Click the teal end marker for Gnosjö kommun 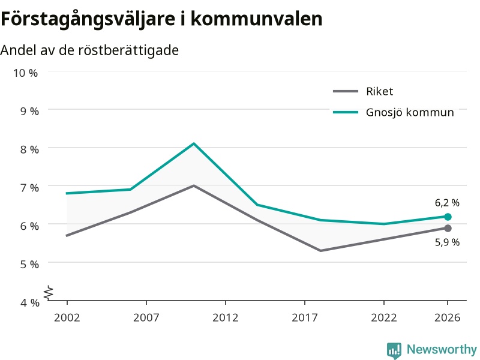pyautogui.click(x=448, y=217)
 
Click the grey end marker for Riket pyautogui.click(x=448, y=228)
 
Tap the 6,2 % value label pyautogui.click(x=447, y=203)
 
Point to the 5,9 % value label pyautogui.click(x=447, y=242)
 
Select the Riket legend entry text pyautogui.click(x=379, y=91)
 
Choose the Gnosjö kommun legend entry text pyautogui.click(x=410, y=112)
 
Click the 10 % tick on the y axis pyautogui.click(x=25, y=73)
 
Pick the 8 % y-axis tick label pyautogui.click(x=29, y=149)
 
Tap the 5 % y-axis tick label pyautogui.click(x=29, y=264)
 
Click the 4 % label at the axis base pyautogui.click(x=29, y=302)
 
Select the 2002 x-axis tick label pyautogui.click(x=67, y=317)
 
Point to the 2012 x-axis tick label pyautogui.click(x=226, y=317)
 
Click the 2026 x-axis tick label pyautogui.click(x=447, y=317)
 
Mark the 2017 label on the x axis pyautogui.click(x=305, y=317)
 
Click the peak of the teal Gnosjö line pyautogui.click(x=194, y=143)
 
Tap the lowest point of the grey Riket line pyautogui.click(x=320, y=251)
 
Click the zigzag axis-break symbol pyautogui.click(x=49, y=293)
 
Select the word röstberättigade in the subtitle pyautogui.click(x=128, y=50)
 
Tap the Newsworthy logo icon pyautogui.click(x=394, y=350)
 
